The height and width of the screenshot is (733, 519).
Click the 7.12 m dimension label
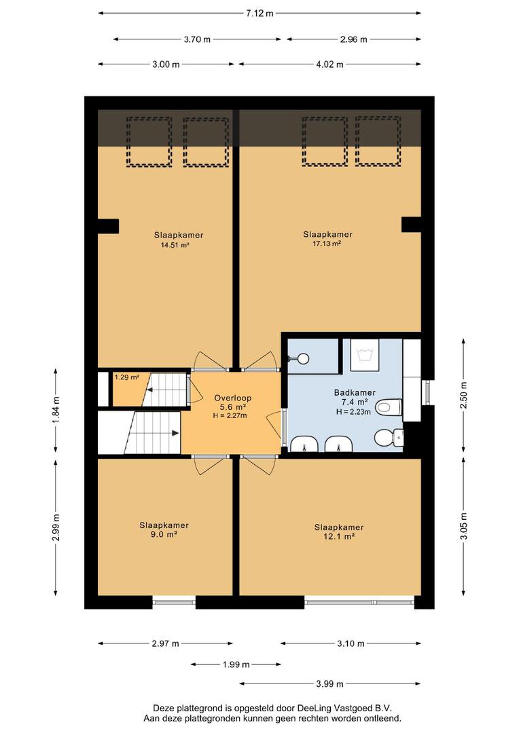click(x=259, y=14)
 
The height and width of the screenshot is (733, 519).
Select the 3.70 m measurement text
click(x=197, y=39)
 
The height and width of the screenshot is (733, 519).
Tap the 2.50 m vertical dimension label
click(x=463, y=395)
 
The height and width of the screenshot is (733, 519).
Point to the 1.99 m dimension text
click(x=236, y=664)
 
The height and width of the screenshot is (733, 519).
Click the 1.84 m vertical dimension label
click(x=56, y=410)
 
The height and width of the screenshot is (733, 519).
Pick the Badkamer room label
click(x=355, y=393)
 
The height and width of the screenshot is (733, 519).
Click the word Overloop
click(x=232, y=398)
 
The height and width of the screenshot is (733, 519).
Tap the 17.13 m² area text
click(x=327, y=244)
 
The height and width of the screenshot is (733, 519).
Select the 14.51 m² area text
click(x=175, y=244)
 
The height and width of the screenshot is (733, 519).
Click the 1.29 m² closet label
click(x=127, y=377)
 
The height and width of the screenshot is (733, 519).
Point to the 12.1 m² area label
click(x=339, y=536)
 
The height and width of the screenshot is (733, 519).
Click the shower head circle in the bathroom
click(x=303, y=358)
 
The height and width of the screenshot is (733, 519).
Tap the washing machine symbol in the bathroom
click(x=365, y=355)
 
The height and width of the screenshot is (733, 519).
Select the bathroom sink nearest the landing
click(x=304, y=444)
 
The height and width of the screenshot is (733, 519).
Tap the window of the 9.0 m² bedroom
click(x=174, y=602)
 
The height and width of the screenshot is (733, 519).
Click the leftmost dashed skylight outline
click(x=149, y=142)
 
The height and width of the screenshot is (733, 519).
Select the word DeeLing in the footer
click(x=313, y=708)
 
